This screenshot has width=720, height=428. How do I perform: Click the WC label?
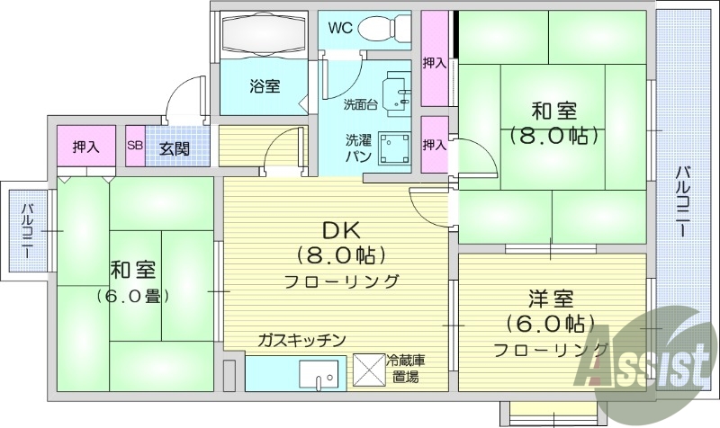(339, 27)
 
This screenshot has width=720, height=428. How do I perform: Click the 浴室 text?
(264, 86)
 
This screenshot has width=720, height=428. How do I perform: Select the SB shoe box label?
(135, 147)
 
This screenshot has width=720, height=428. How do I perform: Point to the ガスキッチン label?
(301, 340)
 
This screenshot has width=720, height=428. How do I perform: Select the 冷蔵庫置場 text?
(406, 369)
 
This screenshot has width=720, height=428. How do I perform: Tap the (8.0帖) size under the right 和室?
(553, 137)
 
